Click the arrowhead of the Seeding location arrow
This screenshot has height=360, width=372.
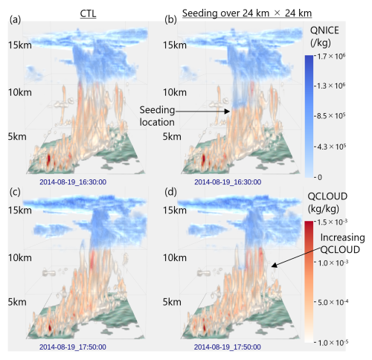click(228, 112)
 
